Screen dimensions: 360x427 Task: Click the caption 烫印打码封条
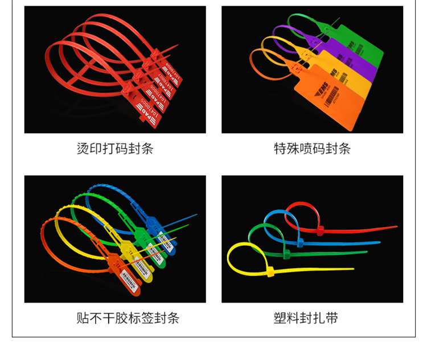pos(115,149)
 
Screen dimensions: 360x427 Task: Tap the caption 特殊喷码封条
pos(312,149)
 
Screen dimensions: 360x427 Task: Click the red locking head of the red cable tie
pos(320,230)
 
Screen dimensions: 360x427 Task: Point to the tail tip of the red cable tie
pos(396,227)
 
